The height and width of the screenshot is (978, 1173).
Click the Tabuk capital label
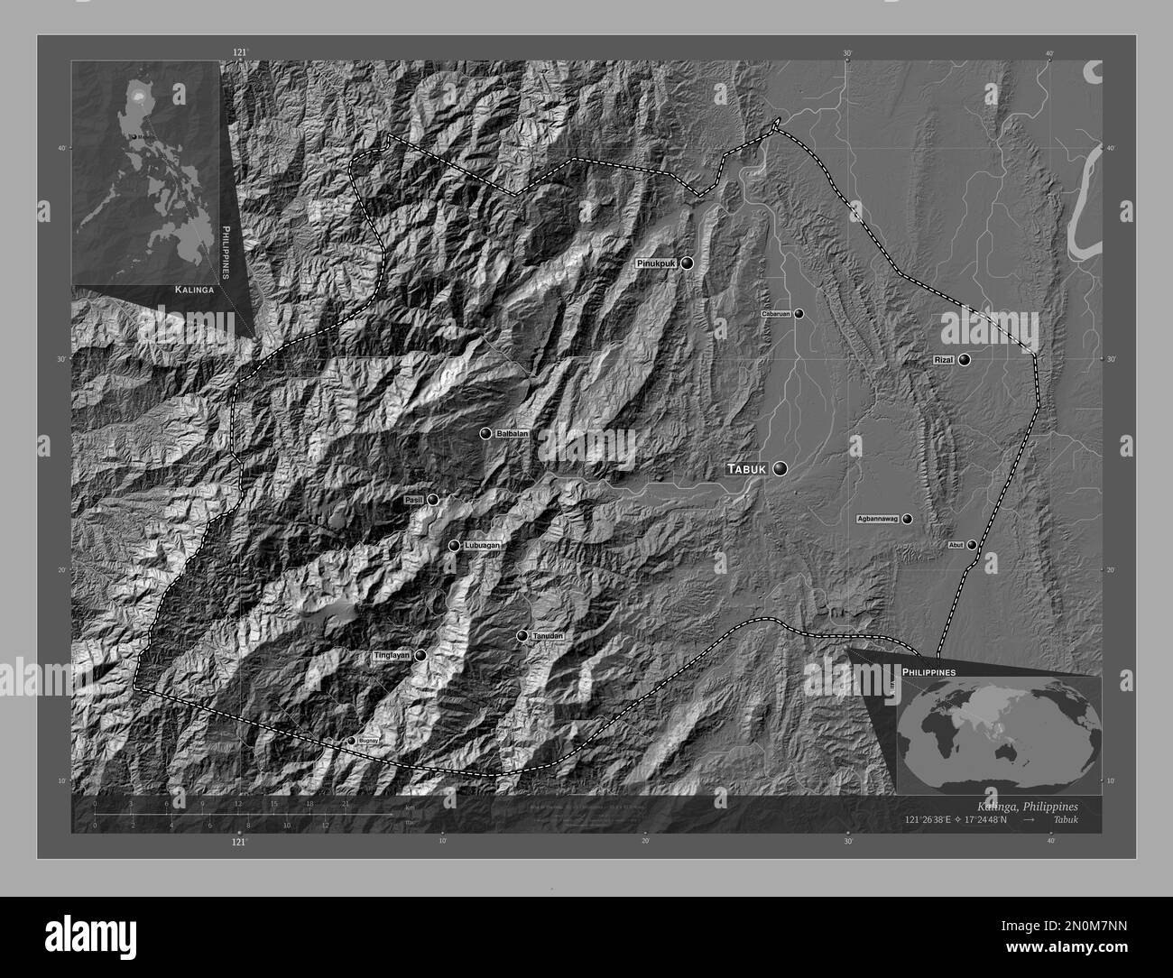pos(748,469)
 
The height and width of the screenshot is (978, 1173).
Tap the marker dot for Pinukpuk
pos(688,263)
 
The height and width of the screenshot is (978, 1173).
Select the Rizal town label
pos(943,360)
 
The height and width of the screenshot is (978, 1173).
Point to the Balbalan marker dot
pos(485,434)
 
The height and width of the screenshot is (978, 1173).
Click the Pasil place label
pos(414,500)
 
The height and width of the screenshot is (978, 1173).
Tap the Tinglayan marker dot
pos(420,656)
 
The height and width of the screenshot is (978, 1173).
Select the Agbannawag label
pos(877,520)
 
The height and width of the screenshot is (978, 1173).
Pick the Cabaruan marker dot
pos(799,314)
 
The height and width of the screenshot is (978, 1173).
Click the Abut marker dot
pos(972,545)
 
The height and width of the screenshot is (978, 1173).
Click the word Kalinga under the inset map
pos(195,291)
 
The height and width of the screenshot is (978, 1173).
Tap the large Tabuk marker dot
pos(780,468)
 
